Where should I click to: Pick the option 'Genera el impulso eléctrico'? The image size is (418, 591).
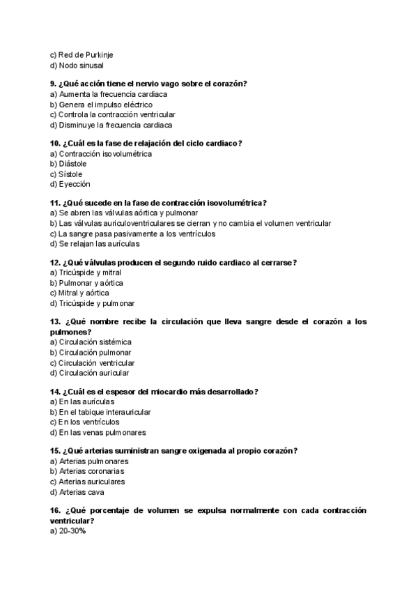click(x=101, y=105)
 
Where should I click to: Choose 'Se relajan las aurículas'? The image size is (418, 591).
click(x=95, y=244)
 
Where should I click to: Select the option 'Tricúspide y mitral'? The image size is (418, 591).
click(x=86, y=273)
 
